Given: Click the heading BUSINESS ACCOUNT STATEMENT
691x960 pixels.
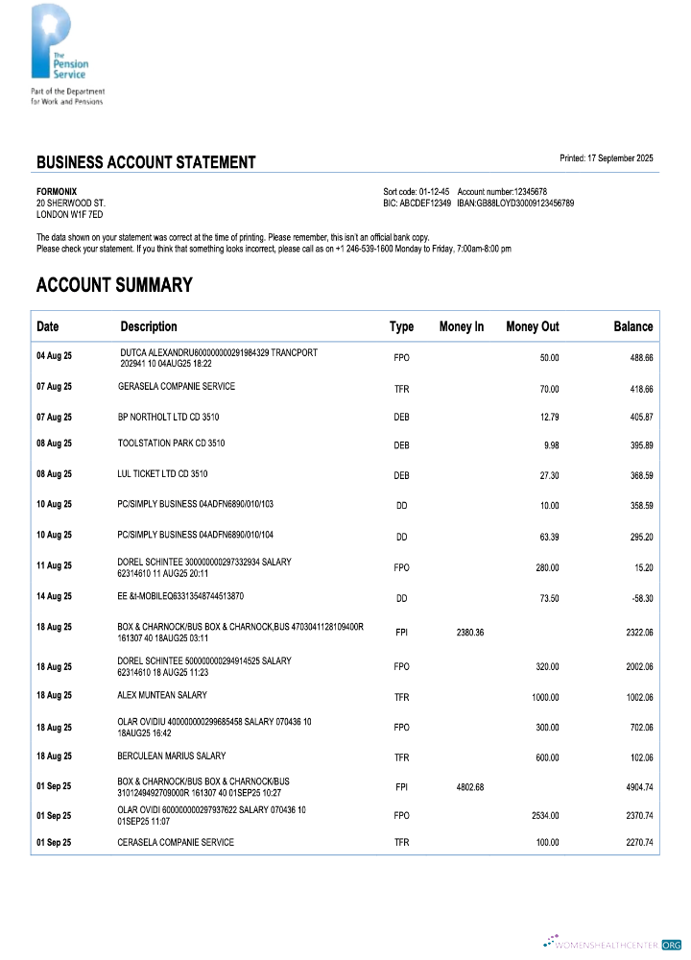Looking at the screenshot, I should tap(146, 162).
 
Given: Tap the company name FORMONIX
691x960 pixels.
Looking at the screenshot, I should tap(57, 191).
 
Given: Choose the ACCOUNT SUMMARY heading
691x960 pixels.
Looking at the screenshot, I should tap(114, 285).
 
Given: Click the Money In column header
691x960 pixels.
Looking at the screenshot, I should tap(461, 327).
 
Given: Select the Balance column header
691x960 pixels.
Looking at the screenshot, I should tap(632, 327).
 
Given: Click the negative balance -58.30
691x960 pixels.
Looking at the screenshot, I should tap(640, 598).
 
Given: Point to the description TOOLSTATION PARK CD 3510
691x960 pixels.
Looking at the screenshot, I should tap(171, 444).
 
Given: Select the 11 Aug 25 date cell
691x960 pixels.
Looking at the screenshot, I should tap(54, 566).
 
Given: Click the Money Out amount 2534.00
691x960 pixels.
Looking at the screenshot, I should tap(544, 816).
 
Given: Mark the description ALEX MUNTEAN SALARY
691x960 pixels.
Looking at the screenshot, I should tap(161, 694).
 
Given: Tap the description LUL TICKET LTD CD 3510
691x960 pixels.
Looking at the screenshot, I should tap(162, 474).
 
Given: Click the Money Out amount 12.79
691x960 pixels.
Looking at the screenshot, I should tap(547, 418).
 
